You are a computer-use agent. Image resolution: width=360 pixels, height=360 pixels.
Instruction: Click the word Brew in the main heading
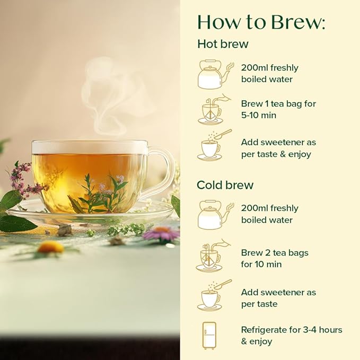tap(298, 22)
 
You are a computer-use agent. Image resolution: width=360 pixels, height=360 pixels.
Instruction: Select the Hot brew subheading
tap(223, 44)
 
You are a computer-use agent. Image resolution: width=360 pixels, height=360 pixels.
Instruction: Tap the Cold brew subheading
tap(225, 185)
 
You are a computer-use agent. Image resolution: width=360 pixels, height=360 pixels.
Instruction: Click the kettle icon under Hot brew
tap(215, 74)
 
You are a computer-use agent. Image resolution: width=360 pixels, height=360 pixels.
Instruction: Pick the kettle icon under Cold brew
tap(215, 215)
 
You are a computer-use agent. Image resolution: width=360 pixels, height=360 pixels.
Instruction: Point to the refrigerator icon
tap(209, 336)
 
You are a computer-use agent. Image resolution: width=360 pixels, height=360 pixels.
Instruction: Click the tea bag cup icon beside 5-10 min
tap(214, 109)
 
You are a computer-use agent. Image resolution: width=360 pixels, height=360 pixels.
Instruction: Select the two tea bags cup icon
tap(213, 255)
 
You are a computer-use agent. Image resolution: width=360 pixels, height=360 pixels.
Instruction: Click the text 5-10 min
tap(259, 115)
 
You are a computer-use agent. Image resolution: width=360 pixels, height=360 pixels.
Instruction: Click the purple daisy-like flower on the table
tap(161, 233)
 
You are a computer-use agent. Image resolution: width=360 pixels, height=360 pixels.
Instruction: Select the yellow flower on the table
tap(51, 248)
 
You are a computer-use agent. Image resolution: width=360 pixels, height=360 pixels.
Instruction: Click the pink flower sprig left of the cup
tap(21, 179)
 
